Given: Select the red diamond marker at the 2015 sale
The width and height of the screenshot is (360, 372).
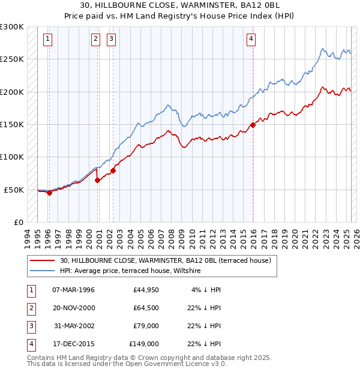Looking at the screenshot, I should tap(253, 125).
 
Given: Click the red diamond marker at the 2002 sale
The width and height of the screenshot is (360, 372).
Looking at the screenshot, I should tap(113, 170).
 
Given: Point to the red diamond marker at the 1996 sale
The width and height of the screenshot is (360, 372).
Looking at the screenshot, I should tap(49, 193).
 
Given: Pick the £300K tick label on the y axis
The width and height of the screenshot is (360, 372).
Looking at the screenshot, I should tap(12, 27).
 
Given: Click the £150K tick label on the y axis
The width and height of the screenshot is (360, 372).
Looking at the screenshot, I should tap(12, 124).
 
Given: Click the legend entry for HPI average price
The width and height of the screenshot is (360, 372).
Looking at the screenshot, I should tap(130, 271).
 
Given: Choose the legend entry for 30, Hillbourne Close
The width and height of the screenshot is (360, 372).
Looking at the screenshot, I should tap(165, 261).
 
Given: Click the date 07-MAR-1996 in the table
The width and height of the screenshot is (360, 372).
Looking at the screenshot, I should tap(74, 290).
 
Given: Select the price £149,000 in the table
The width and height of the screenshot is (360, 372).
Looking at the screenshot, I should tap(144, 344).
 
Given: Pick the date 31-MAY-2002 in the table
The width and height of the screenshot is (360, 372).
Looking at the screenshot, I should tap(74, 326).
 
